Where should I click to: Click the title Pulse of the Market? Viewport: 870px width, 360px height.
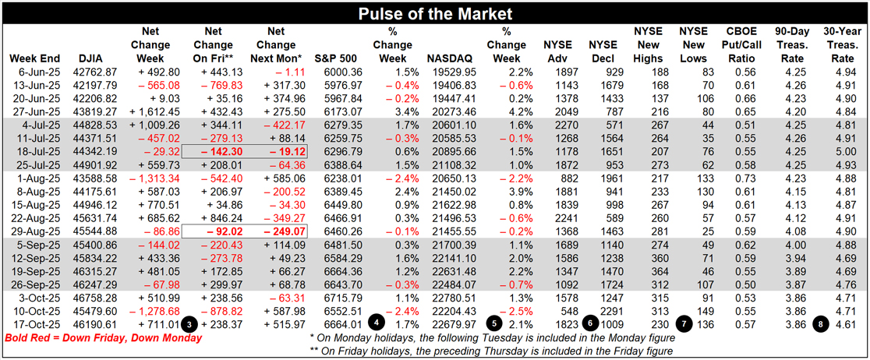coord(434,13)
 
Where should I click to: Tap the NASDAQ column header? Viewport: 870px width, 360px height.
coord(449,58)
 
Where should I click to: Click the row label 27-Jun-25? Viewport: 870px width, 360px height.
coord(35,112)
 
